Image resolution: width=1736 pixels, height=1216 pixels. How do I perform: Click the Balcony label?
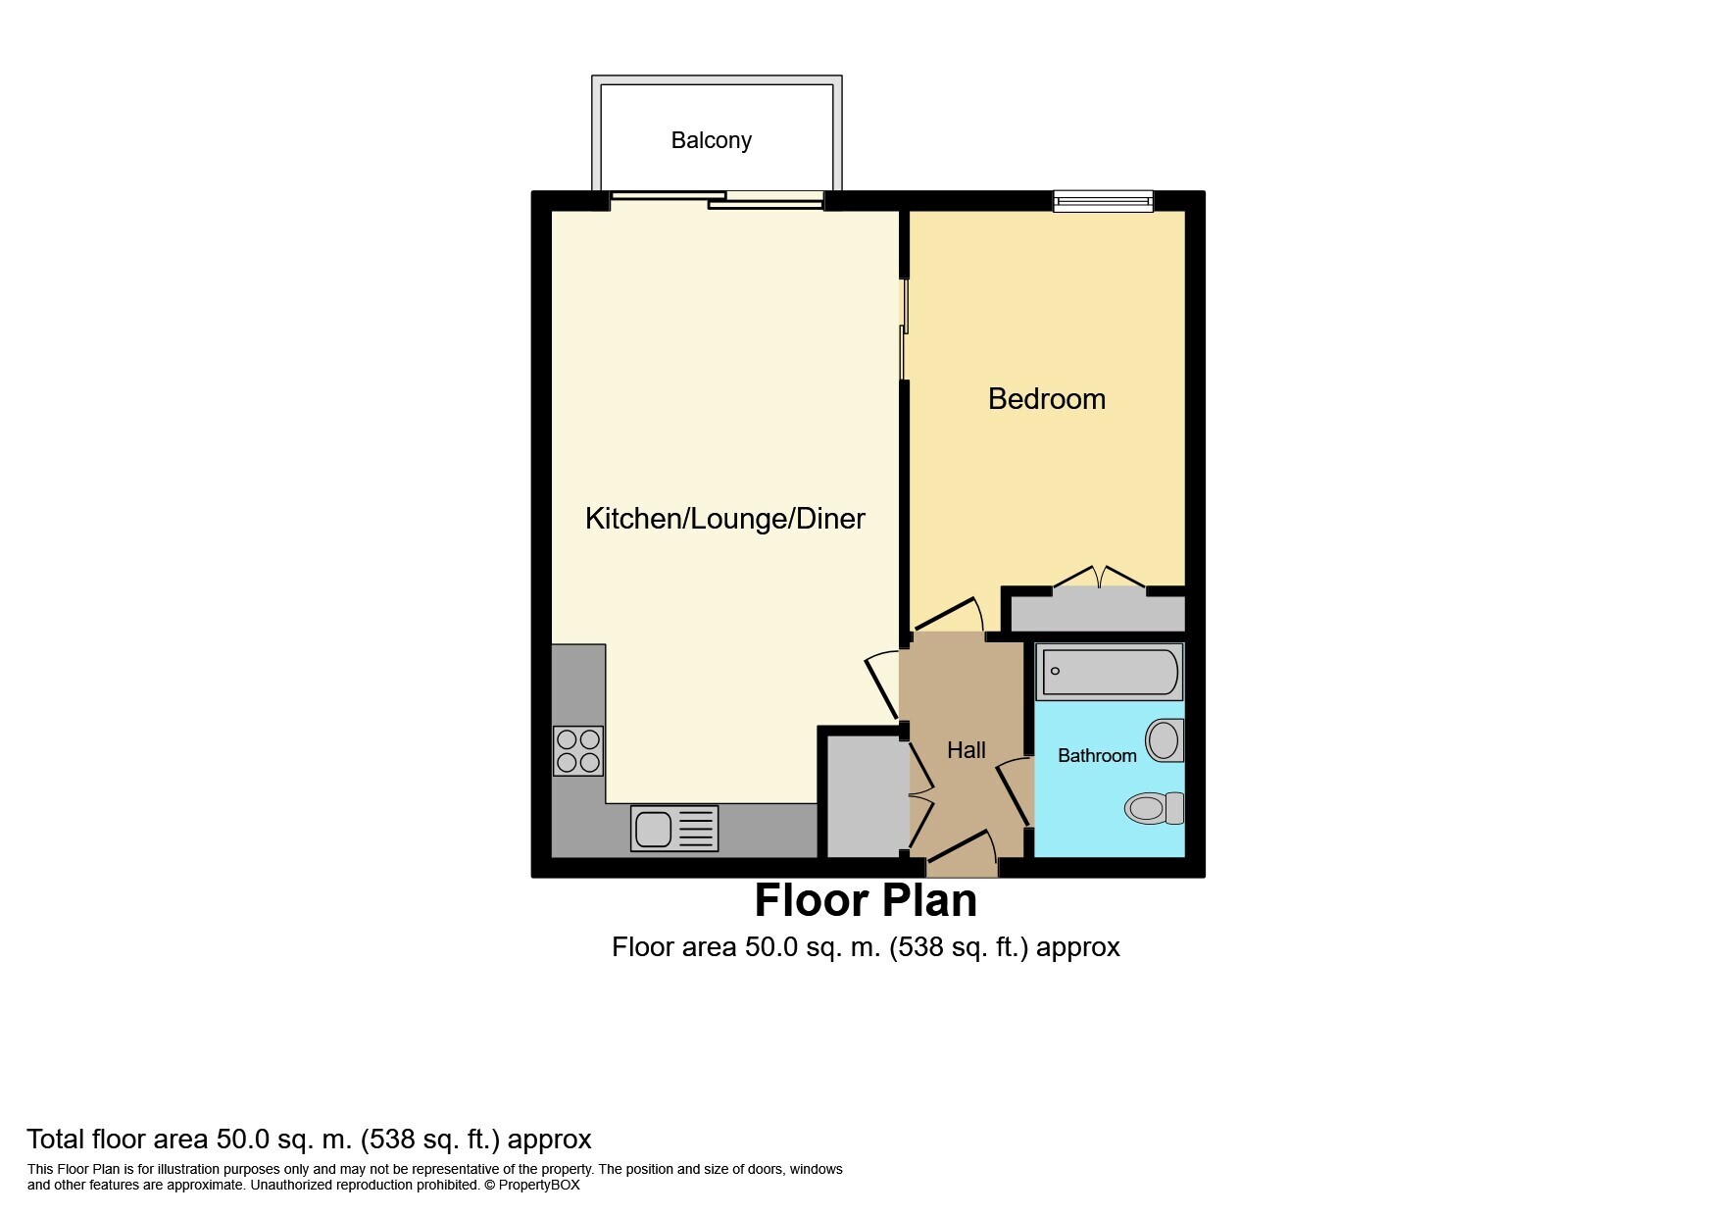tap(711, 140)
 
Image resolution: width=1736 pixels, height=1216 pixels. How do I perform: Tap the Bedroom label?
tap(1046, 398)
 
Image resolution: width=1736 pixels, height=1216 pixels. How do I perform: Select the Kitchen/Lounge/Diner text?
tap(724, 518)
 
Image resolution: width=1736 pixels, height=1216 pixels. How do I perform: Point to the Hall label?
tap(966, 750)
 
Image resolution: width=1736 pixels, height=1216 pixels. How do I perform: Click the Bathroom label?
tap(1097, 755)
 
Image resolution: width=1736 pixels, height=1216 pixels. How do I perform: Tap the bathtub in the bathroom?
tap(1110, 672)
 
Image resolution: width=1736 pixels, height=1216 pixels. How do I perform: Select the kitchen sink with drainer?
tap(674, 828)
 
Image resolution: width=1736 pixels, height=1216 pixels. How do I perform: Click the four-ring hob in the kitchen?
tap(577, 750)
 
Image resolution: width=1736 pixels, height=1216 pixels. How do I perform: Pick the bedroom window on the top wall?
tap(1104, 201)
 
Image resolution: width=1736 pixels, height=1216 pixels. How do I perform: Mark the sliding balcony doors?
tap(717, 200)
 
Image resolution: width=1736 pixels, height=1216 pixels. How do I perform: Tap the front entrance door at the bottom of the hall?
tap(962, 852)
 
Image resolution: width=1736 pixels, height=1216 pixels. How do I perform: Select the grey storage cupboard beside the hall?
tap(863, 795)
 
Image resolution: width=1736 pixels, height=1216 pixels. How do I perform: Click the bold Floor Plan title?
tap(866, 900)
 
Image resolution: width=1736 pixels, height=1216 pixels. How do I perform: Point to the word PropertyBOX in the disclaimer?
tap(539, 1185)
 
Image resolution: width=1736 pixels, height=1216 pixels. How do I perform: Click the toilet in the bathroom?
tap(1155, 808)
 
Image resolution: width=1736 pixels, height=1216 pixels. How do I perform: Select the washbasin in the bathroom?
tap(1165, 740)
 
